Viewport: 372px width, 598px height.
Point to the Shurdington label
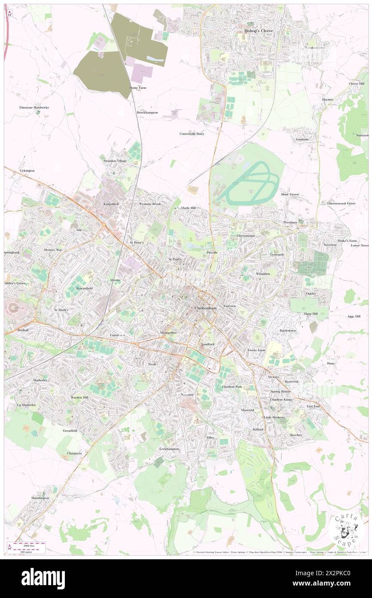click(40, 498)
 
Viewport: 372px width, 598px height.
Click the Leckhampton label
click(169, 449)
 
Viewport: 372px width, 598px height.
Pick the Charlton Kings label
click(281, 399)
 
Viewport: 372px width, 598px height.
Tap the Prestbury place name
click(290, 222)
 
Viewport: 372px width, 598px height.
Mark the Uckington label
click(27, 170)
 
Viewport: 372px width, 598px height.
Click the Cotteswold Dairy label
click(192, 134)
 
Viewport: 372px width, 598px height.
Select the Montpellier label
click(168, 333)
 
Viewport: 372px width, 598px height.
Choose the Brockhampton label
click(147, 112)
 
